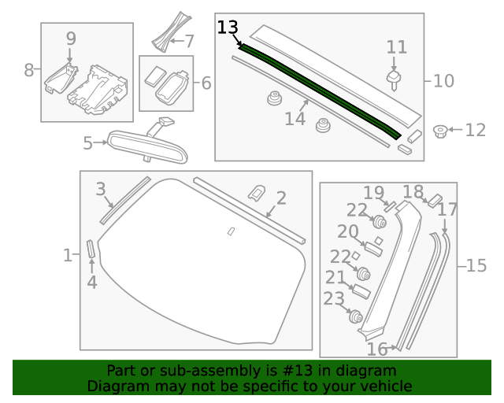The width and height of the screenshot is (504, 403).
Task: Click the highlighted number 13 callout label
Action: click(227, 28)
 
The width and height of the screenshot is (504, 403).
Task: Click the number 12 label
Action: click(476, 130)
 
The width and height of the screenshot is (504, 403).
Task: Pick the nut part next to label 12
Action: click(442, 130)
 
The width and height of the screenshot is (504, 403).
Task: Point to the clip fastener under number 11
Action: click(395, 77)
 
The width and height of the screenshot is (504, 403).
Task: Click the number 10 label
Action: click(444, 80)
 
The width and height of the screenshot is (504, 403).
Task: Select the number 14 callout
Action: click(295, 119)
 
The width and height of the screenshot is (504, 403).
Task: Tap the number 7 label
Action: click(188, 40)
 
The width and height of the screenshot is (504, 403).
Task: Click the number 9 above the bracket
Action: click(71, 38)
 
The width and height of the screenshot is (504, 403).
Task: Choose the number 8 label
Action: click(29, 70)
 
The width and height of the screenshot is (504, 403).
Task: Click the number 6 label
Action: click(206, 82)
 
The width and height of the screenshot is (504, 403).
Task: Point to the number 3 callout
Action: click(101, 189)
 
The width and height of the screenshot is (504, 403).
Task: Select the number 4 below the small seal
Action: click(91, 282)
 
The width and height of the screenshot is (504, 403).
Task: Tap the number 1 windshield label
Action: click(68, 254)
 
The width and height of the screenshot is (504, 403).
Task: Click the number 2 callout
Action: click(280, 198)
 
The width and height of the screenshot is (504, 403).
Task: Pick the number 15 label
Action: click(476, 266)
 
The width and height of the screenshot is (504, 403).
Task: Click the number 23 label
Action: click(334, 298)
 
